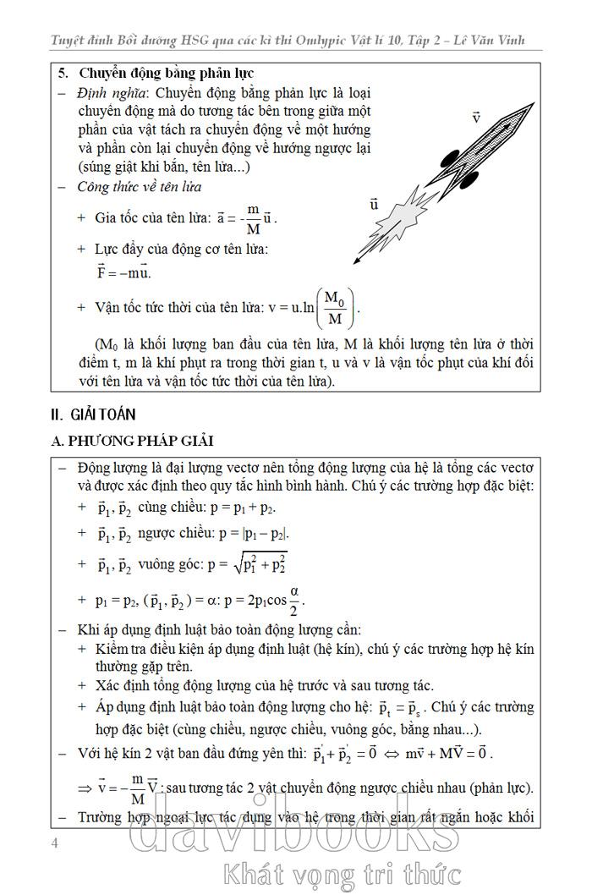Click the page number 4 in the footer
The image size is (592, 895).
coord(55,843)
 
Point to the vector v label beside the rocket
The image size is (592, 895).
coord(476,118)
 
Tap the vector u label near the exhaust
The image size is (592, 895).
coord(374,204)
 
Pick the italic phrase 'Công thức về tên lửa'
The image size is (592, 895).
coord(140,187)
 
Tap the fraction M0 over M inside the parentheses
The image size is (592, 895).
coord(336,309)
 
